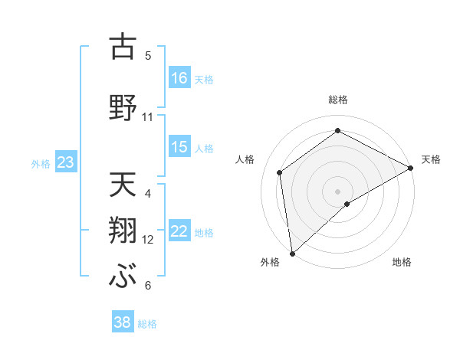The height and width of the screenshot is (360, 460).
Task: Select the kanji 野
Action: (122, 108)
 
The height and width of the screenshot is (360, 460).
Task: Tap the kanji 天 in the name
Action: (122, 185)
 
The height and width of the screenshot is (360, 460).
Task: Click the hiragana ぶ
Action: (122, 276)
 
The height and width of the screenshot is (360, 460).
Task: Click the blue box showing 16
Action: (179, 78)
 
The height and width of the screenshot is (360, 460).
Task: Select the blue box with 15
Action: (179, 147)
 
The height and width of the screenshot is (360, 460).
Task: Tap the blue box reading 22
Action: (179, 232)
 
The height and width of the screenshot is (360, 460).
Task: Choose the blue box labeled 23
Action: (65, 162)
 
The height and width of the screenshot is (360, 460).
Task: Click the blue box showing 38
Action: (123, 322)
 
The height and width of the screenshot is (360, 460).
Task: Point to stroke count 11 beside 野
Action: (148, 117)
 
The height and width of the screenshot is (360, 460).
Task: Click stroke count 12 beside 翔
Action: (148, 240)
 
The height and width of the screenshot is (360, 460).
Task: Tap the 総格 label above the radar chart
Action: (338, 100)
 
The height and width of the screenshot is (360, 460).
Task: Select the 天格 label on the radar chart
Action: (431, 159)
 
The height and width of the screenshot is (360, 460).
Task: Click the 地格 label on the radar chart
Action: (402, 263)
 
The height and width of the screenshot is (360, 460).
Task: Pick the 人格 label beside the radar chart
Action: (245, 159)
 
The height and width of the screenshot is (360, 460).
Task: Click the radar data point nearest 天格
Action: (411, 168)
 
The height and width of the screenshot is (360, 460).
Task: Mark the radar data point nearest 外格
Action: (292, 253)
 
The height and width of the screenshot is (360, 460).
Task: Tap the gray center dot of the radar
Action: (338, 191)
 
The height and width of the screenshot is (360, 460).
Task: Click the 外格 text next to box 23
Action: (41, 163)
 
